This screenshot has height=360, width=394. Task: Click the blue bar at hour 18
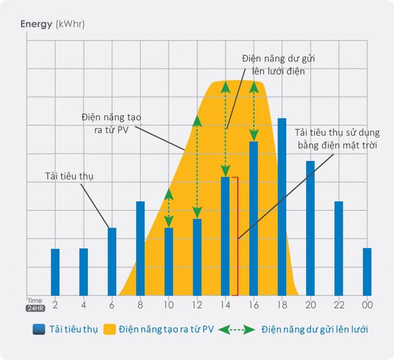pyautogui.click(x=282, y=207)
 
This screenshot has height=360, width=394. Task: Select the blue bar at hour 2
pyautogui.click(x=55, y=272)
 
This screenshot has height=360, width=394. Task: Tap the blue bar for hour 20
pyautogui.click(x=310, y=227)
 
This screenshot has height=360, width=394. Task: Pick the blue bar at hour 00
pyautogui.click(x=367, y=272)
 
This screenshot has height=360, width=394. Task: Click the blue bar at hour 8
pyautogui.click(x=140, y=248)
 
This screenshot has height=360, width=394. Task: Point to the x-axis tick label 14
pyautogui.click(x=225, y=304)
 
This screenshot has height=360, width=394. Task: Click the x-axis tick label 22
pyautogui.click(x=338, y=304)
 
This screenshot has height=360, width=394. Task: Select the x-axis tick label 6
pyautogui.click(x=112, y=304)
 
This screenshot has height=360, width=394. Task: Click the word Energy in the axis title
pyautogui.click(x=36, y=24)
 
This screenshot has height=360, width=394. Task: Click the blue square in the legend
pyautogui.click(x=39, y=329)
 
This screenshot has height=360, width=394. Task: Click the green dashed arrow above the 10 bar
pyautogui.click(x=169, y=208)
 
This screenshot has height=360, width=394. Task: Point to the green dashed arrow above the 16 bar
pyautogui.click(x=254, y=110)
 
